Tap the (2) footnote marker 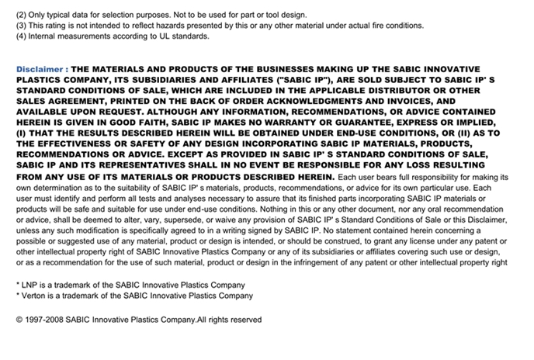click(22, 15)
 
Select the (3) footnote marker click(22, 26)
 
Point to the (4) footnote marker click(22, 36)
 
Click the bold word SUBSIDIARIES click(201, 80)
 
